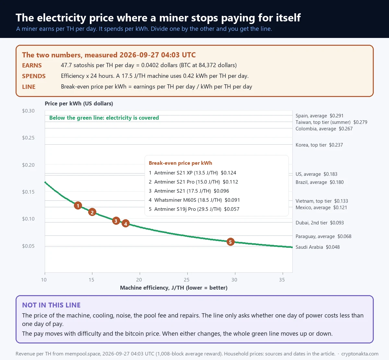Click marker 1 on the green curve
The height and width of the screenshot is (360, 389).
pyautogui.click(x=78, y=206)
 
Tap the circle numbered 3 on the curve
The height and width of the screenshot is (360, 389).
pyautogui.click(x=116, y=221)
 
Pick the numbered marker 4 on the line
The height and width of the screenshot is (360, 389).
pyautogui.click(x=125, y=223)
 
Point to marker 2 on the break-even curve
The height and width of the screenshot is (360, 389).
pyautogui.click(x=92, y=212)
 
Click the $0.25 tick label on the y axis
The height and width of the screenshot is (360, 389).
pyautogui.click(x=28, y=138)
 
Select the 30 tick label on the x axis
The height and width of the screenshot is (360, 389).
pyautogui.click(x=234, y=280)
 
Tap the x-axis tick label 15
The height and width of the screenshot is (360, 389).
pyautogui.click(x=91, y=280)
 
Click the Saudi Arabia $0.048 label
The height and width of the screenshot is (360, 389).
pyautogui.click(x=317, y=247)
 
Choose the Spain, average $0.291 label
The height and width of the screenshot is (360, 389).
pyautogui.click(x=319, y=116)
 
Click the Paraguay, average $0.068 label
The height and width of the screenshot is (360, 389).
pyautogui.click(x=324, y=236)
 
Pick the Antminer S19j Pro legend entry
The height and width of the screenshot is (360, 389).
pyautogui.click(x=194, y=209)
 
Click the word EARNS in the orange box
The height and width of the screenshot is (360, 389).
pyautogui.click(x=32, y=65)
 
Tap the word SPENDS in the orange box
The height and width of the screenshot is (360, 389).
pyautogui.click(x=34, y=76)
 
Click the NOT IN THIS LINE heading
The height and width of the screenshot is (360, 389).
pyautogui.click(x=51, y=305)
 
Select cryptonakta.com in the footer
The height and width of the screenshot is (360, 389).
pyautogui.click(x=360, y=354)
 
